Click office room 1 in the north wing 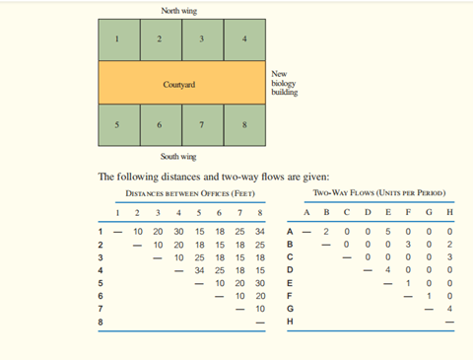(119, 39)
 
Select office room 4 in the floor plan (244, 39)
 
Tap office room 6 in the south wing (161, 125)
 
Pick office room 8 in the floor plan (244, 125)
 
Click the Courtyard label (179, 85)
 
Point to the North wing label (179, 11)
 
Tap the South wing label (178, 157)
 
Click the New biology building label (285, 83)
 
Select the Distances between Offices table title (190, 193)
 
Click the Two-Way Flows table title (379, 192)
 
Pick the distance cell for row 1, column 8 (260, 232)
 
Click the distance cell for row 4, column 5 (199, 270)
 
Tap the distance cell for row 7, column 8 (260, 309)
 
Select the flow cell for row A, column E (388, 232)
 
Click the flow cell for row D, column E (388, 270)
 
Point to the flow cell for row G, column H (449, 309)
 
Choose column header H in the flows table (449, 212)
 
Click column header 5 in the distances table (199, 213)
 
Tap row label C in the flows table (290, 257)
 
